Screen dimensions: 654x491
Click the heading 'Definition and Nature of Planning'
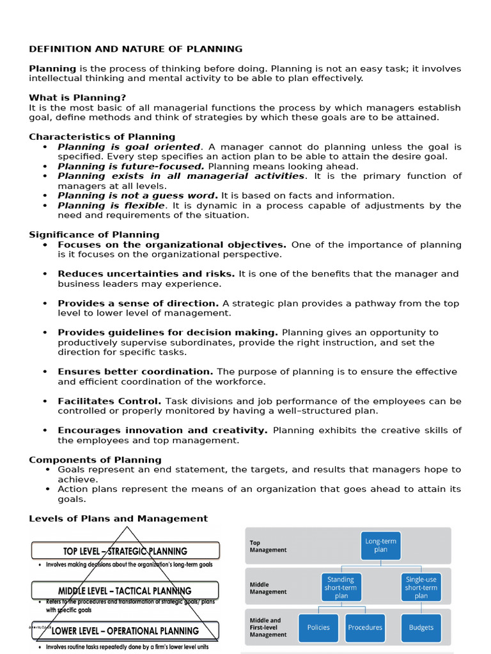136,49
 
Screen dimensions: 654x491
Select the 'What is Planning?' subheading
77,98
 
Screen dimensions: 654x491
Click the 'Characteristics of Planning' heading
102,137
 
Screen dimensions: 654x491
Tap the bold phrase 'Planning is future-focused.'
131,166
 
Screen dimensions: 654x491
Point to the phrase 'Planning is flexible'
111,206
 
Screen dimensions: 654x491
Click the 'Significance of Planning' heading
94,234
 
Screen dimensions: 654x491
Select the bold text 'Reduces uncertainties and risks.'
146,274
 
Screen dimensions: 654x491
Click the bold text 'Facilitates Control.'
109,401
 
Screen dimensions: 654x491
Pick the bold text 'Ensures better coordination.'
136,372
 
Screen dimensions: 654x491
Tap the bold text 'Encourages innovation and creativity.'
162,430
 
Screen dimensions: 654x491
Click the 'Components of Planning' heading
95,460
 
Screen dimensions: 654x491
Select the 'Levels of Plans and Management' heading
118,519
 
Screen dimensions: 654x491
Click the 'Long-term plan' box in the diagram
380,545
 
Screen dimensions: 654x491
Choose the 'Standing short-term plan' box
340,587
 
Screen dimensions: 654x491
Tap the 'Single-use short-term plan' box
421,587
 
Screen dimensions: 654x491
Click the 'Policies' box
318,627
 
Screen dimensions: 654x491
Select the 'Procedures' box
365,627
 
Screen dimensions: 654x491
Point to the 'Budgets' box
421,627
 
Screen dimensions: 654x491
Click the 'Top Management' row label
268,546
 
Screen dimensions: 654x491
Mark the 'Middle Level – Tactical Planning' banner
125,591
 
